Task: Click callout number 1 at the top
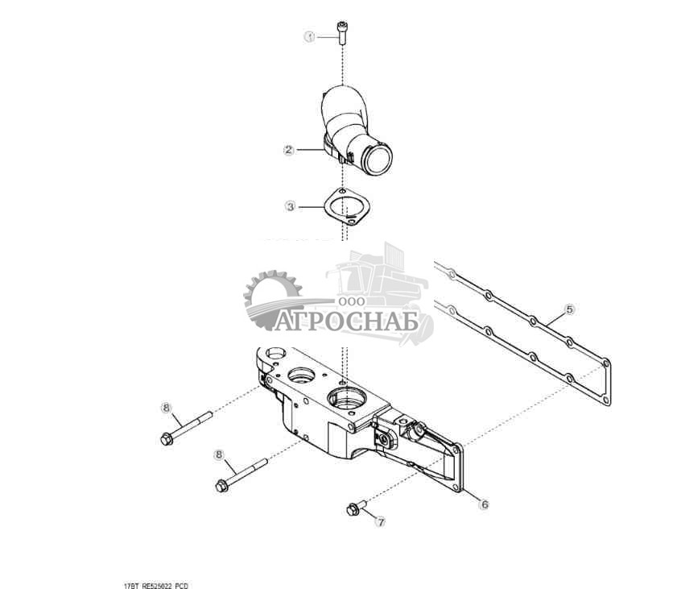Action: (x=308, y=37)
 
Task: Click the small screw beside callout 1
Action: (x=344, y=32)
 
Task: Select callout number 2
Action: (x=287, y=150)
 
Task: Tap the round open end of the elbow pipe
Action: (x=375, y=156)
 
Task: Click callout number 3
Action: (x=290, y=207)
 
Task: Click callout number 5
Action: (x=569, y=309)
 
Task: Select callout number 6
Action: (x=484, y=505)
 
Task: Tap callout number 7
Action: (x=381, y=521)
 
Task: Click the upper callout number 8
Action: (x=167, y=408)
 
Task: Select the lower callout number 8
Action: (x=218, y=454)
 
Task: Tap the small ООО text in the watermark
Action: (x=352, y=300)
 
